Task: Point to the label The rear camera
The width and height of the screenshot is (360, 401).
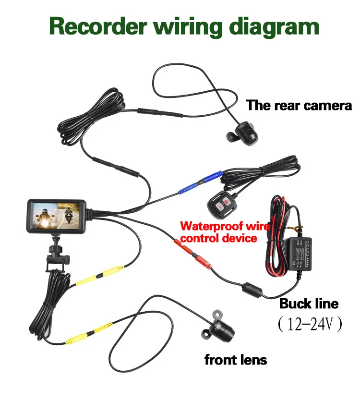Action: [x=299, y=106]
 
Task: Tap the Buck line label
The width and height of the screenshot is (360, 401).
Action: [x=309, y=304]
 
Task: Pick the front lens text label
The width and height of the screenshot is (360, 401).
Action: [x=236, y=360]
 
